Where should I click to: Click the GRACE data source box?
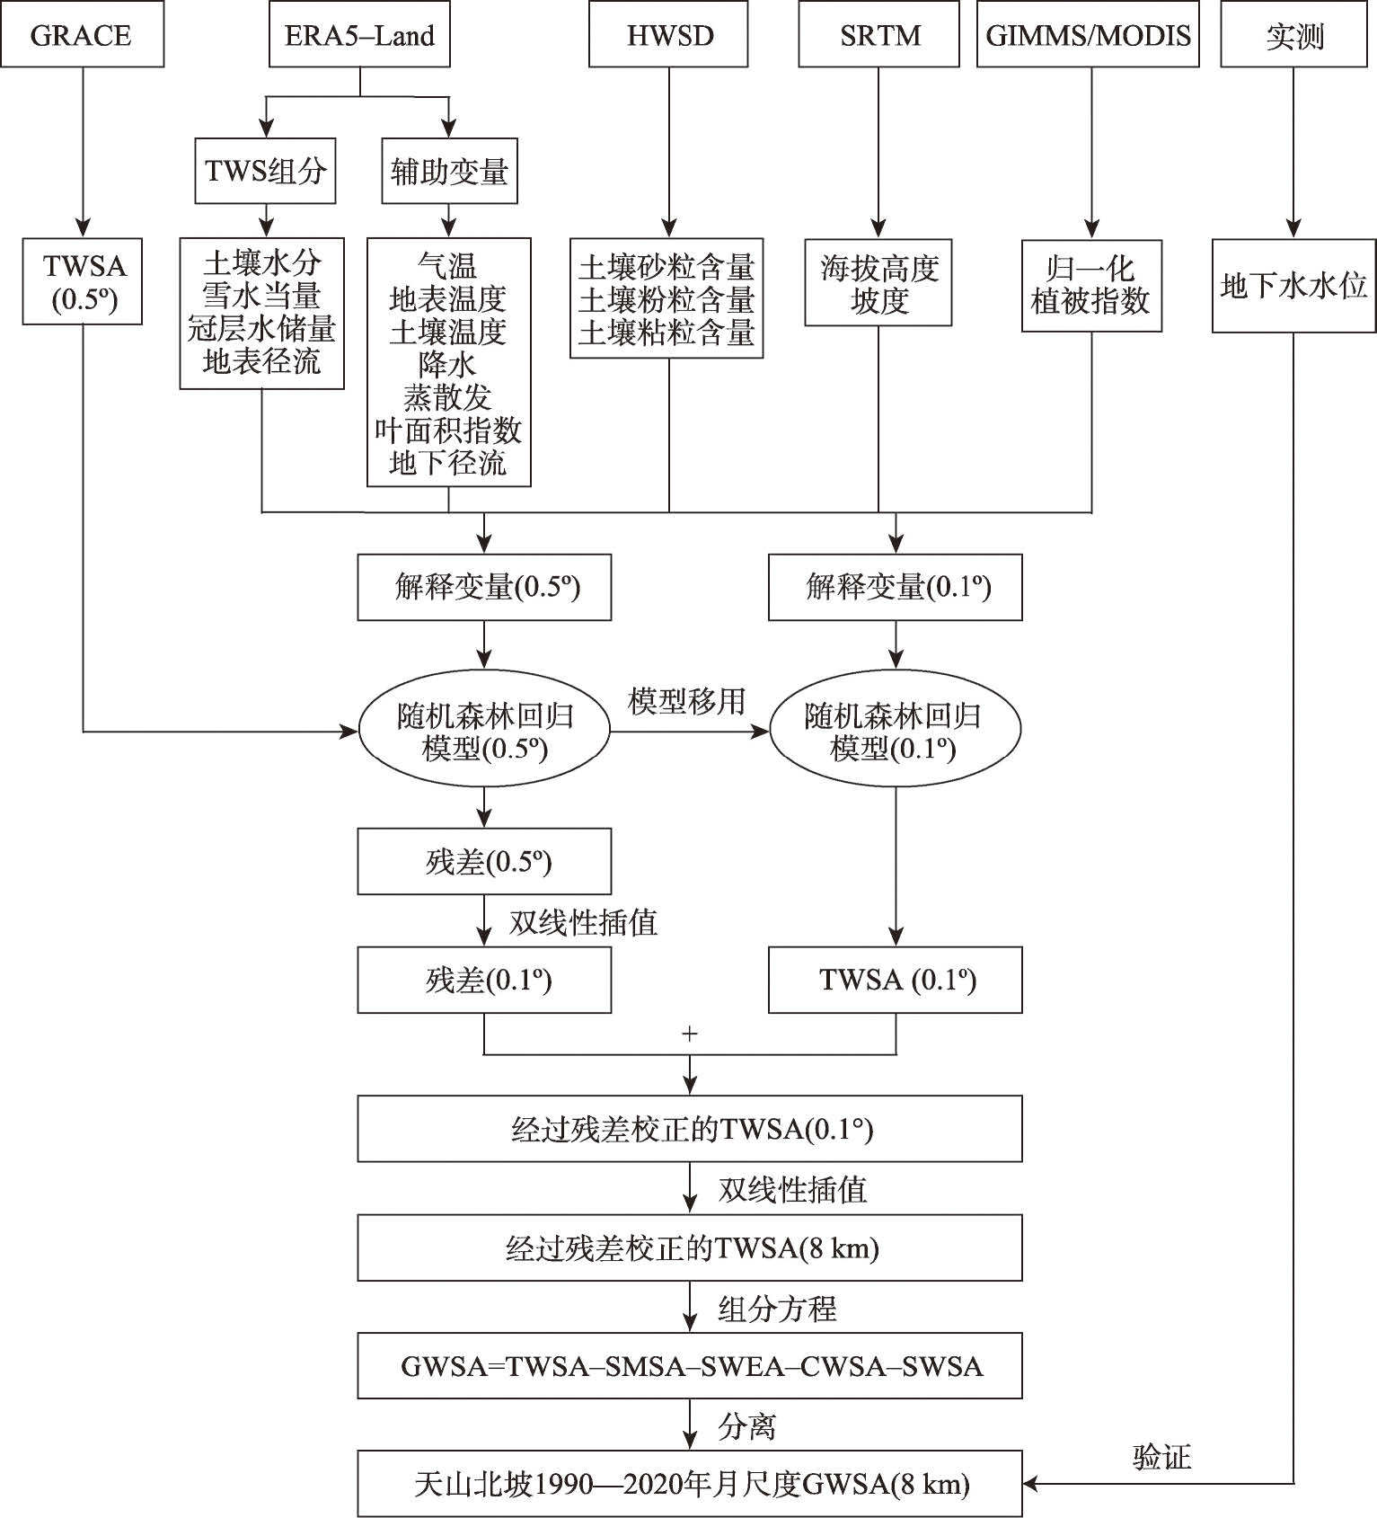click(x=82, y=35)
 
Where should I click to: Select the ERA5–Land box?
click(x=359, y=35)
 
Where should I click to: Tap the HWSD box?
click(x=668, y=35)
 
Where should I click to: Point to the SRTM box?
click(x=879, y=35)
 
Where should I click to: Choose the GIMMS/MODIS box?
click(x=1088, y=35)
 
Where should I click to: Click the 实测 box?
click(x=1293, y=35)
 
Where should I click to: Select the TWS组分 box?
click(x=265, y=171)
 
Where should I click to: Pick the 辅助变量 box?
click(x=449, y=171)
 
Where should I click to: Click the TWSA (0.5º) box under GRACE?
click(x=83, y=281)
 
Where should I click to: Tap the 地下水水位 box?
click(x=1293, y=286)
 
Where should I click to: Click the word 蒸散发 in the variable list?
click(x=447, y=397)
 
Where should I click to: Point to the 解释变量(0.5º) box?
click(x=484, y=587)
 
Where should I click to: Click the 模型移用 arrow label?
click(x=687, y=701)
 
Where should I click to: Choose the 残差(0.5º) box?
click(x=484, y=862)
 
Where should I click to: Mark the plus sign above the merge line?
click(x=689, y=1034)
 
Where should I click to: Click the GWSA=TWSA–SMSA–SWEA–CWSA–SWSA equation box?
click(x=690, y=1366)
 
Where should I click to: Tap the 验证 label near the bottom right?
click(x=1161, y=1457)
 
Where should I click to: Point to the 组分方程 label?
click(x=777, y=1309)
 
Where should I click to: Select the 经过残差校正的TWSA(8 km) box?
click(x=690, y=1247)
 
